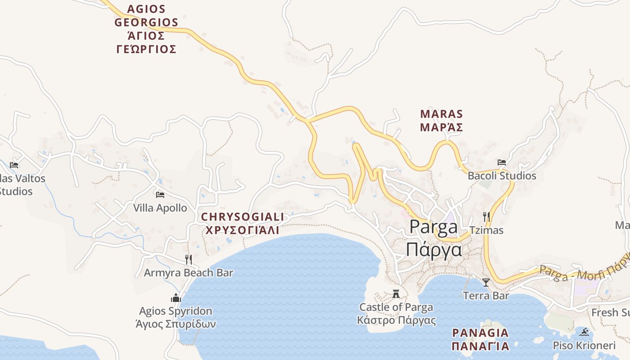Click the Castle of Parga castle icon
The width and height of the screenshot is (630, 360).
(396, 294)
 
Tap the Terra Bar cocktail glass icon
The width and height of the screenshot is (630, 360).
(486, 282)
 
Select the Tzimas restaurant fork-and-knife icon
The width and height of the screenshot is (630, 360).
(486, 217)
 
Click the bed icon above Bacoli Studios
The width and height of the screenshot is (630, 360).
(502, 162)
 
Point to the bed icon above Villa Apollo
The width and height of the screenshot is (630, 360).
(160, 195)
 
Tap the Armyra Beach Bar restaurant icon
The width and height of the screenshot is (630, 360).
(189, 259)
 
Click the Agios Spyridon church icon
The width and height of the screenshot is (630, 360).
(175, 297)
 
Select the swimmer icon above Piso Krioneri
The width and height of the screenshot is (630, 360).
(585, 333)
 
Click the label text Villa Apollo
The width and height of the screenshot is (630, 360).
(160, 208)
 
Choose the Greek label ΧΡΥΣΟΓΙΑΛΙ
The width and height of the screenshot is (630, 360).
(242, 230)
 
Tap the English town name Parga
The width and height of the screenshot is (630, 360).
(433, 227)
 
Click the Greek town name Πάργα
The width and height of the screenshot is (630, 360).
(434, 249)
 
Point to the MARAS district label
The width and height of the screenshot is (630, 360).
(441, 114)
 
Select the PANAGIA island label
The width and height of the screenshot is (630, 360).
(480, 333)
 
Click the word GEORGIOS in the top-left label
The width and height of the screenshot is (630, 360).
(146, 22)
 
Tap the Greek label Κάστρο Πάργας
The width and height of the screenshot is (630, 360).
(396, 320)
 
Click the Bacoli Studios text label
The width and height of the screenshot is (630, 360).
(502, 175)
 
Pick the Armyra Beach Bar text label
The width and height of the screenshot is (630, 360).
(189, 273)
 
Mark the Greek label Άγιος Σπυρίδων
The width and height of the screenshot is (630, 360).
(175, 324)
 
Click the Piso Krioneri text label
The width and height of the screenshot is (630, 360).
(584, 346)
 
